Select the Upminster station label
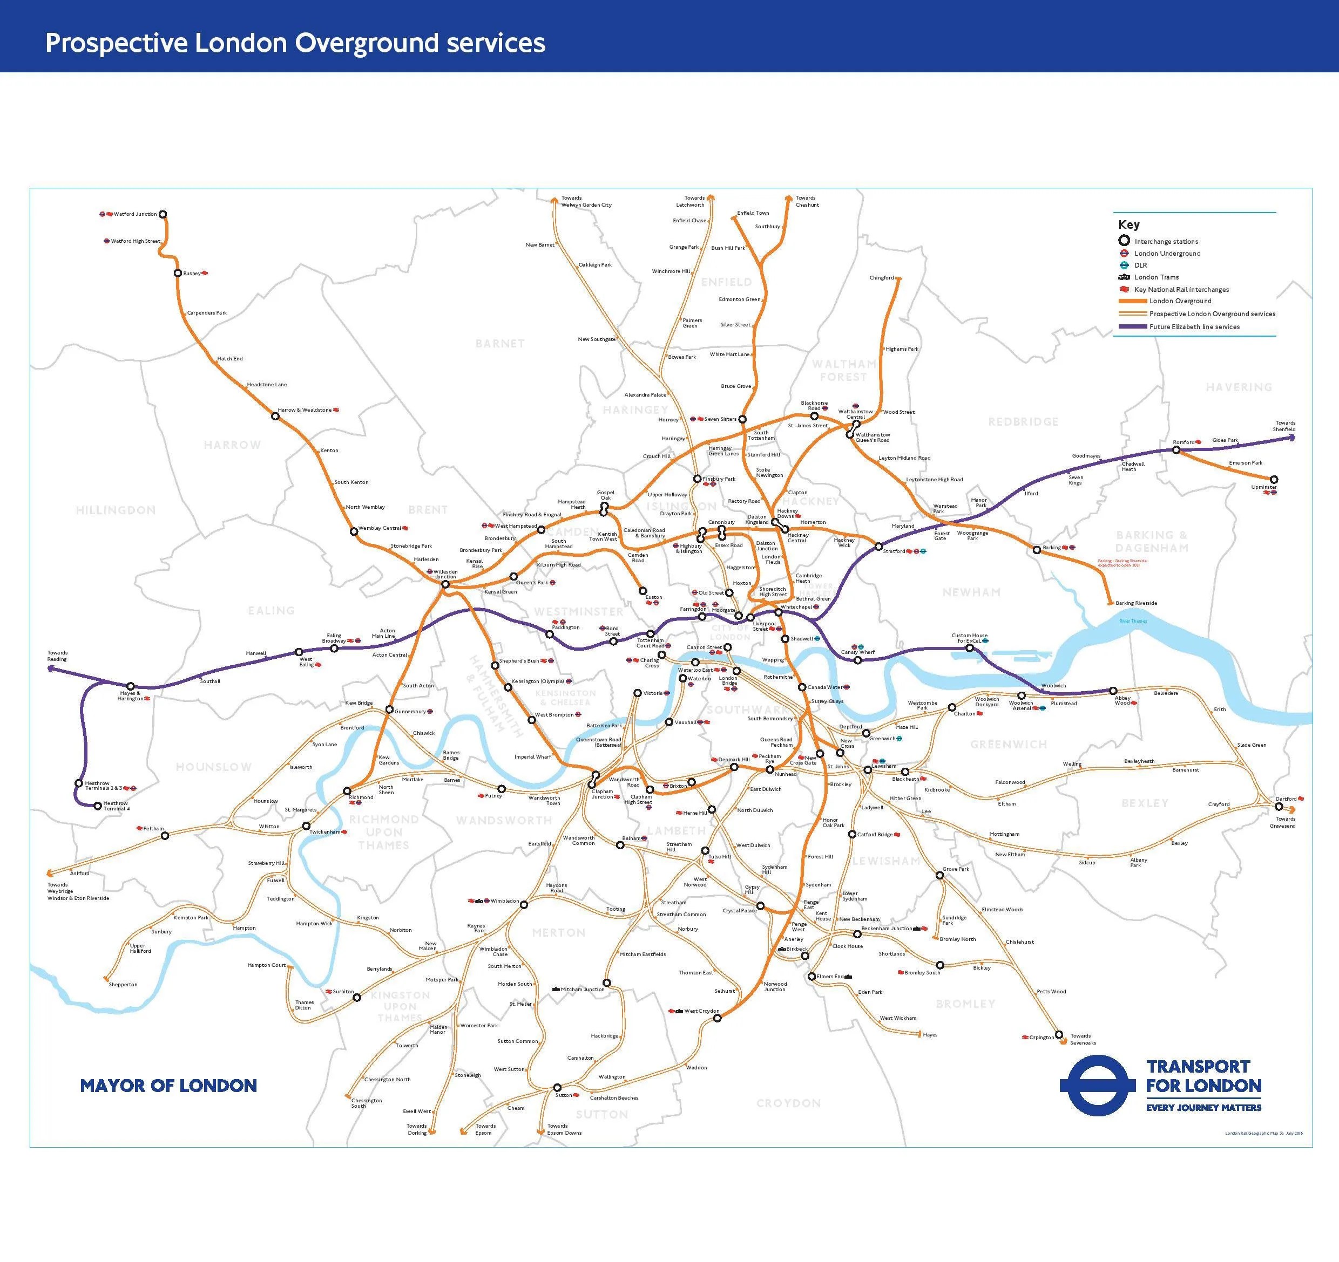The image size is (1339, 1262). (1263, 487)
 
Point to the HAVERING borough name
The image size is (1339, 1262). (1239, 387)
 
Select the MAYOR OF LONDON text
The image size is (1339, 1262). (168, 1086)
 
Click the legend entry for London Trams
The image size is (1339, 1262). (1157, 277)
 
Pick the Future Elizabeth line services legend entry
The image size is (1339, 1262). (1194, 326)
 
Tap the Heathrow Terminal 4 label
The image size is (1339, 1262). (116, 806)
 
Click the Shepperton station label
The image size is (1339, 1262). (123, 984)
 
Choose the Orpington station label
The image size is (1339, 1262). (1042, 1037)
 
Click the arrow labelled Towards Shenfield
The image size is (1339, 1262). (1293, 437)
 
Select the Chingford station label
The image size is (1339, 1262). (881, 277)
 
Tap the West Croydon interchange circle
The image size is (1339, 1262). (718, 1018)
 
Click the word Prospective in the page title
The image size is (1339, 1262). (117, 43)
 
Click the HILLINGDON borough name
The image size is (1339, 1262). (116, 510)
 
